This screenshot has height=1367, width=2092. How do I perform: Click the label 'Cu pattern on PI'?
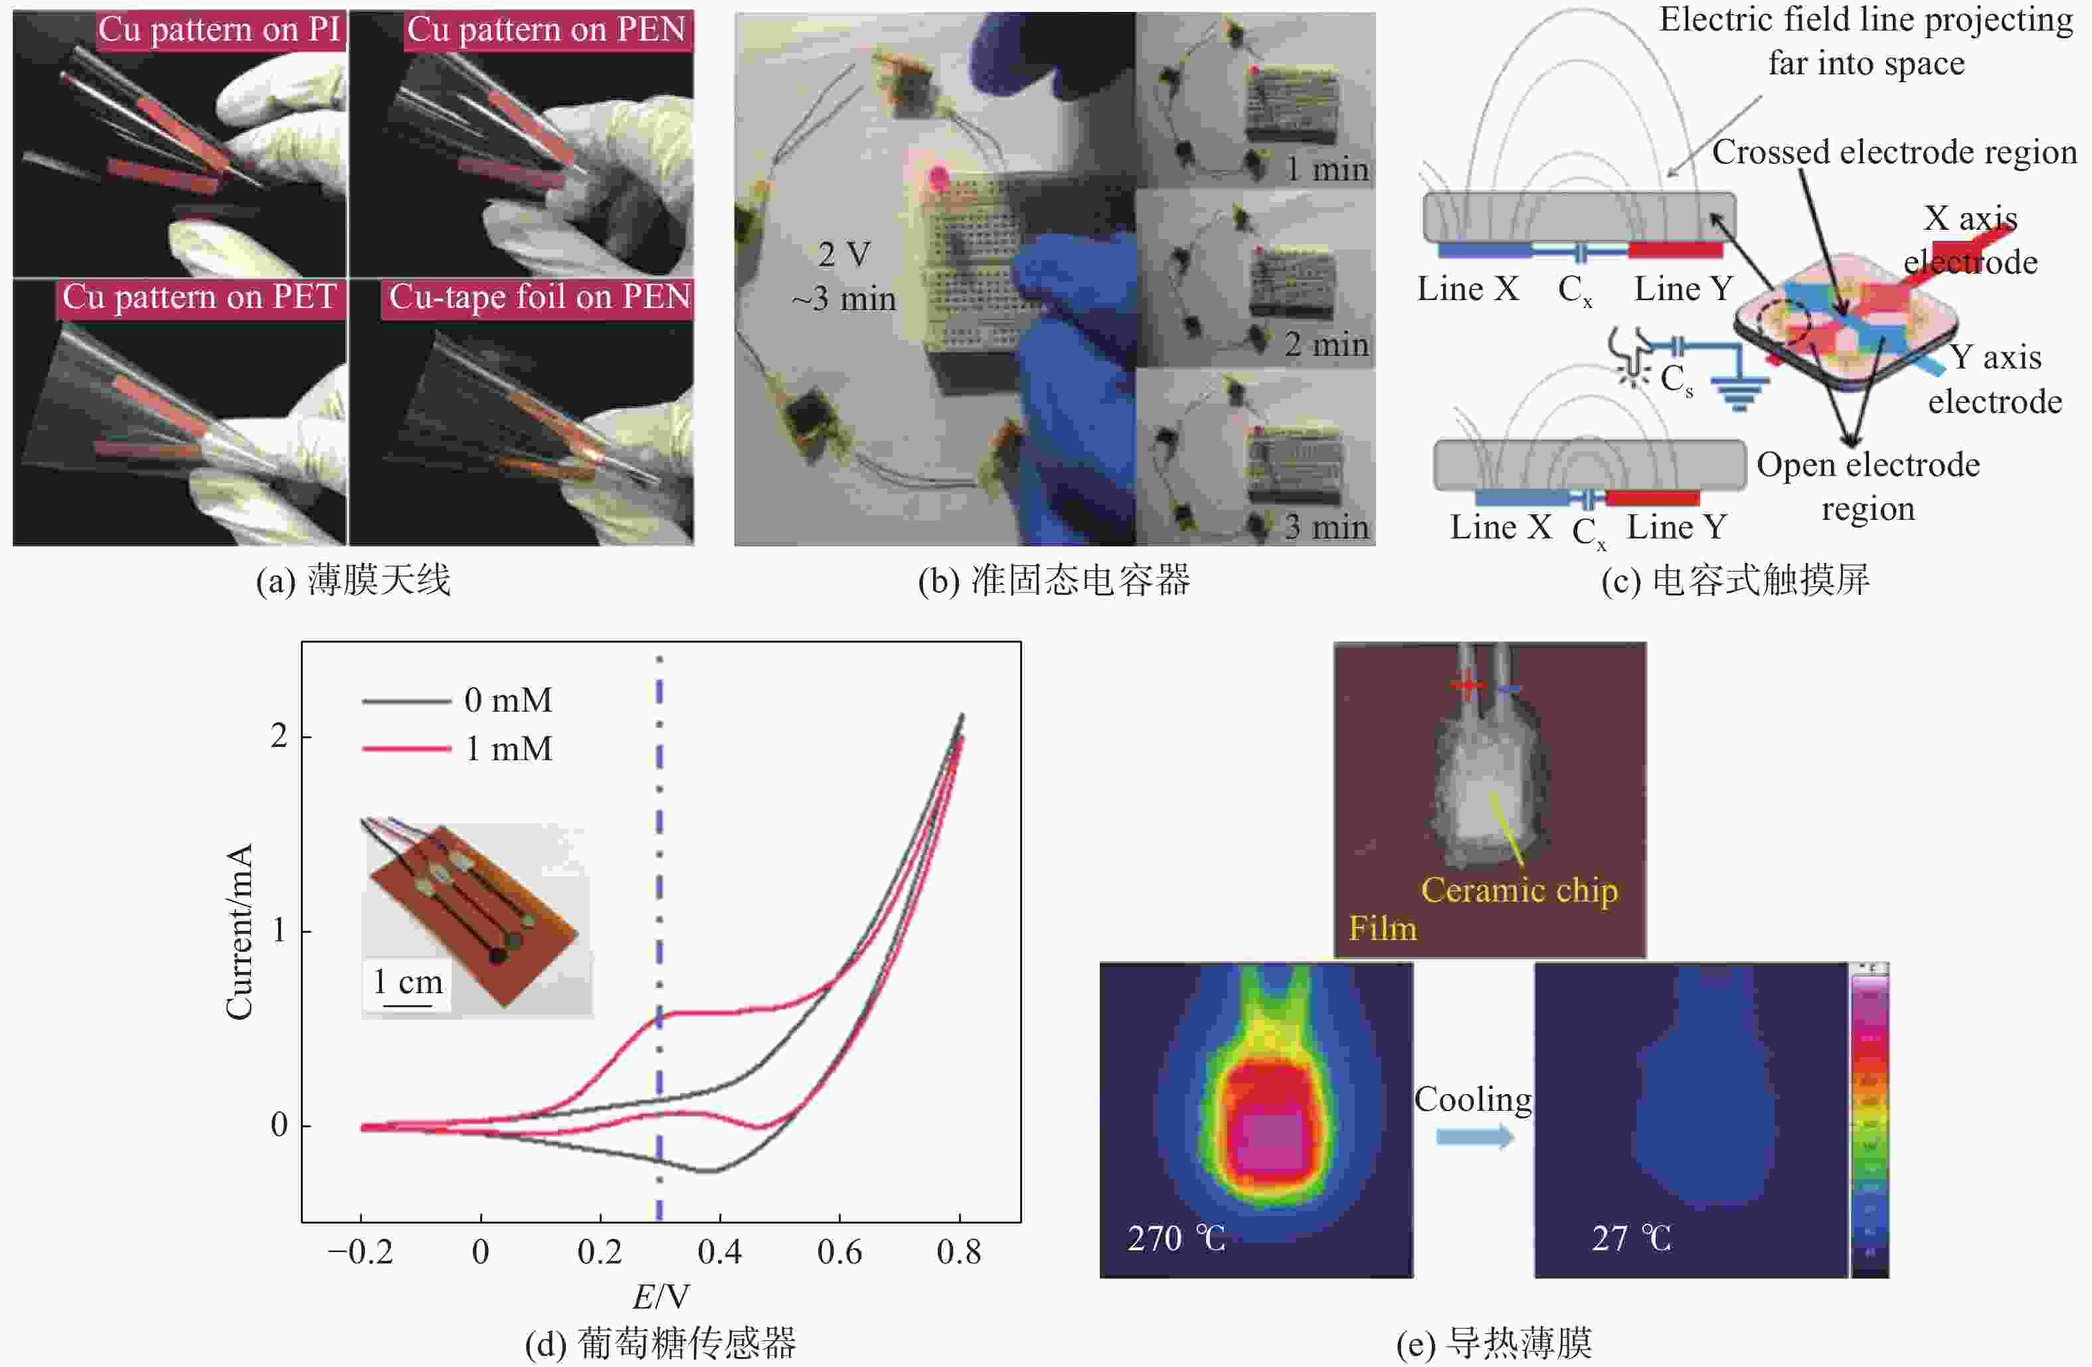(x=219, y=30)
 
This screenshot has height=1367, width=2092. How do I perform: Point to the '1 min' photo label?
(x=1326, y=169)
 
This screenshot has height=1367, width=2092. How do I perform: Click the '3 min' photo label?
(x=1326, y=526)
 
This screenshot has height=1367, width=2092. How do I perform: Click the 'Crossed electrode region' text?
(x=1894, y=152)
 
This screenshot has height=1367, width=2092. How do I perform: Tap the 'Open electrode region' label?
(x=1868, y=486)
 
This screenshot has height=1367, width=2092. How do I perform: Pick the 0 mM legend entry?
(x=457, y=700)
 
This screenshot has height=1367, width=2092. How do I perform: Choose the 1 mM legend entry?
(x=457, y=748)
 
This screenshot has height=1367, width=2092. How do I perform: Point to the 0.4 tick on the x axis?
(x=719, y=1251)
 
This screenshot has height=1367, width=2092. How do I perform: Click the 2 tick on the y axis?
(x=279, y=736)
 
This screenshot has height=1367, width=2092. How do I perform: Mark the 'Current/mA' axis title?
(x=239, y=931)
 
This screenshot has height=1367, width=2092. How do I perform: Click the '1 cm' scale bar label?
(x=407, y=982)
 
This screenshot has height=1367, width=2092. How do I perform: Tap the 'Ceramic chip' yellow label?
(x=1519, y=890)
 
